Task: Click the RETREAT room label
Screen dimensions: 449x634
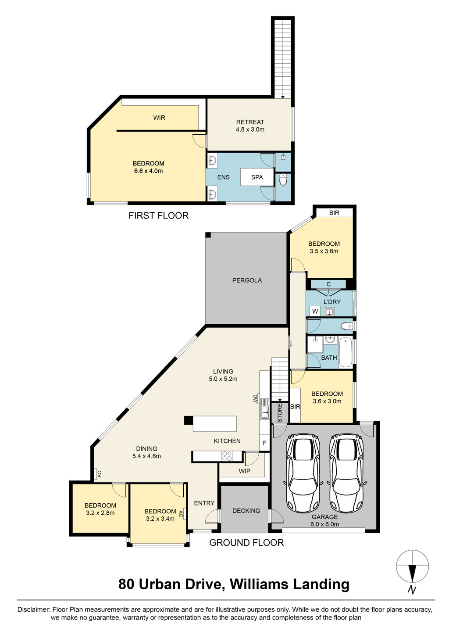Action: (x=250, y=122)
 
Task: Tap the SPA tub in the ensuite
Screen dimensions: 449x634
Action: (x=257, y=177)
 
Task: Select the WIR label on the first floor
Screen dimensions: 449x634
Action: (x=159, y=118)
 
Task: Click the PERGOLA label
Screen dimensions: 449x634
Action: (x=247, y=280)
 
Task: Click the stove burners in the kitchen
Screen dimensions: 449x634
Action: (x=227, y=456)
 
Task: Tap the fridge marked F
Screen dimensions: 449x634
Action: (x=264, y=443)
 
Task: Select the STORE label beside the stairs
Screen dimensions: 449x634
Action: (x=280, y=413)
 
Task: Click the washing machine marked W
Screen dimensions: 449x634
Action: (x=315, y=312)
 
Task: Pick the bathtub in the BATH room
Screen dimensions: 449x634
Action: (x=346, y=352)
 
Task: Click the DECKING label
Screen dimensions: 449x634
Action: (x=246, y=511)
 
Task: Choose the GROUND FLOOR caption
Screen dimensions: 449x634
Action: (x=246, y=543)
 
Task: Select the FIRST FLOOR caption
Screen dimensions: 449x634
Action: (x=158, y=216)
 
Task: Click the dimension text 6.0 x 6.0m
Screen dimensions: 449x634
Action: (x=324, y=524)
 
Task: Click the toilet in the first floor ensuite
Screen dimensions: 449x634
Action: (x=283, y=179)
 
